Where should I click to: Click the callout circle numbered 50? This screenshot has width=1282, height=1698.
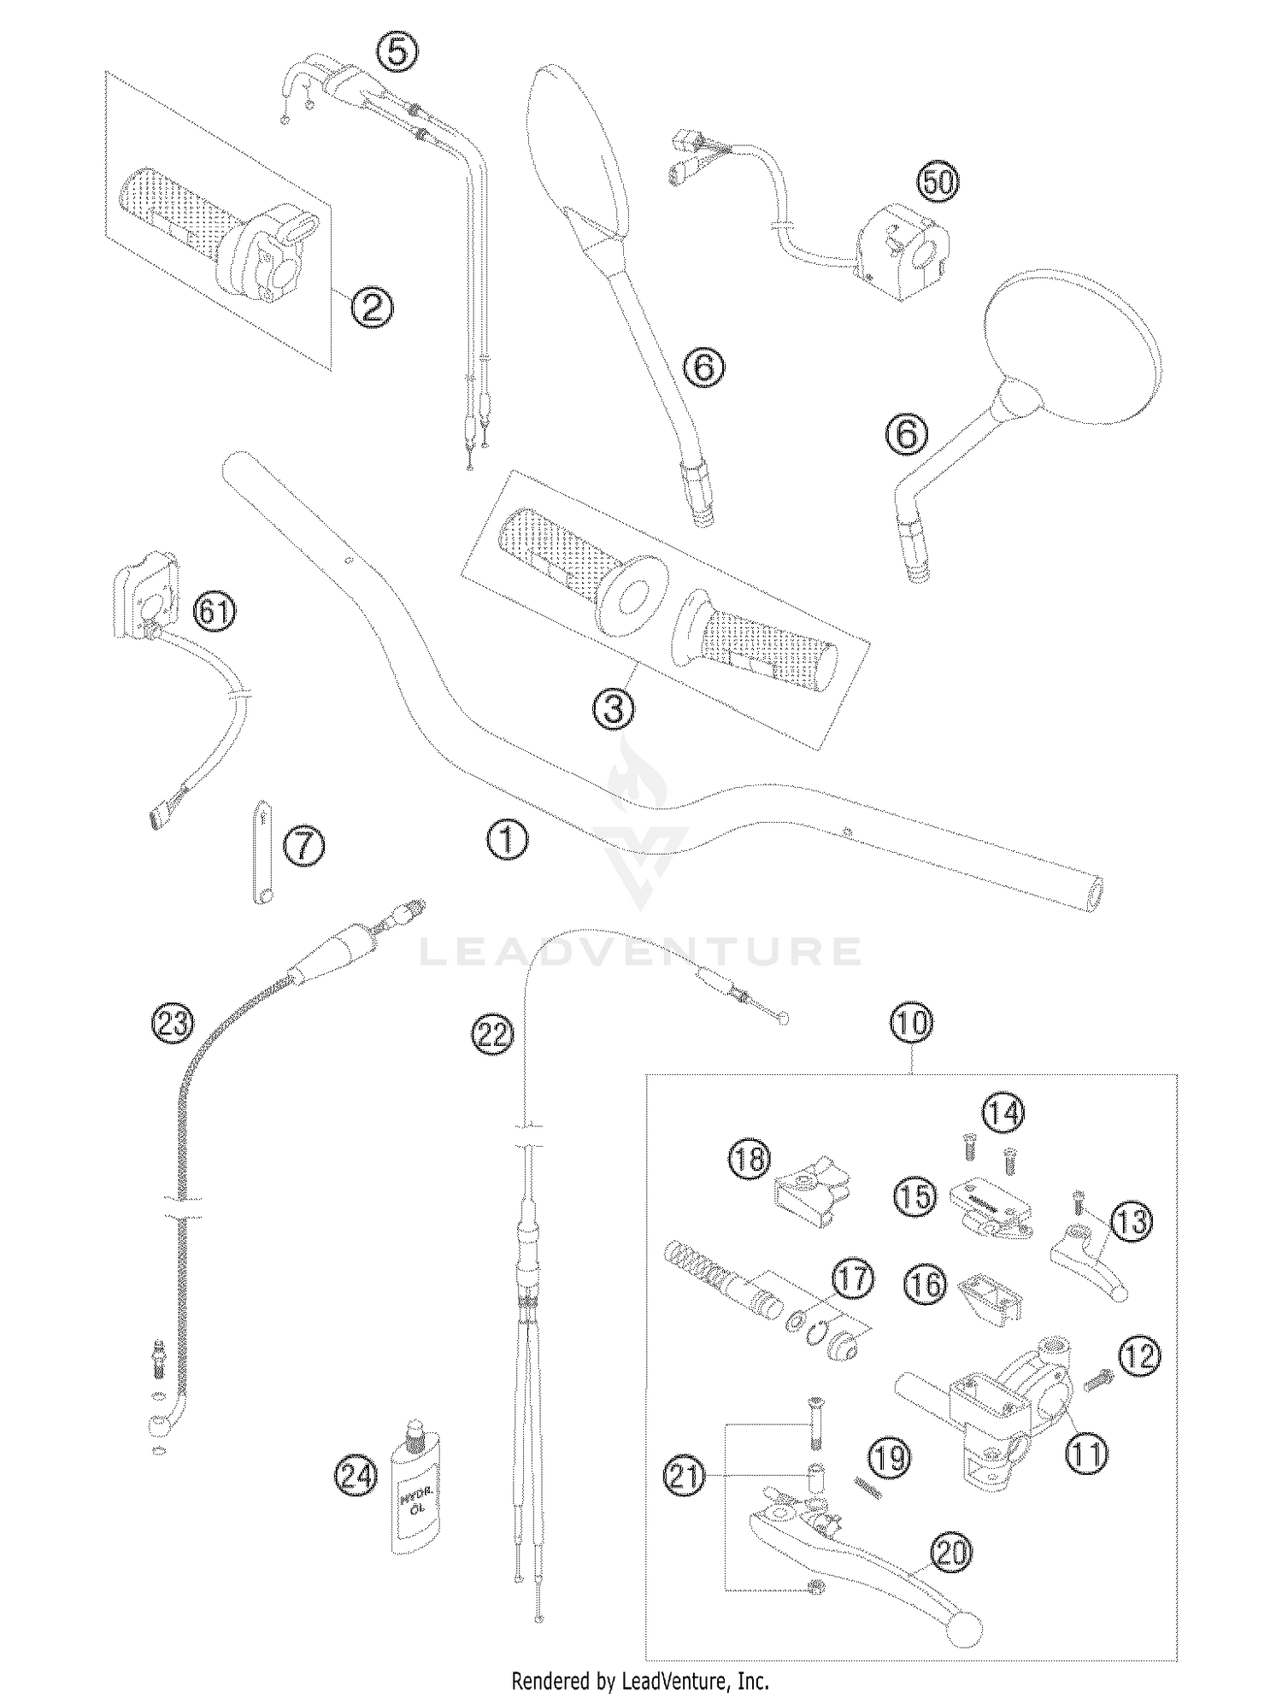tap(938, 183)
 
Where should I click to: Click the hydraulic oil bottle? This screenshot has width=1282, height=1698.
tap(415, 1497)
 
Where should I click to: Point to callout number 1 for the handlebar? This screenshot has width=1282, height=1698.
tap(508, 839)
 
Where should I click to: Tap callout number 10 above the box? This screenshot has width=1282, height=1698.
tap(912, 1022)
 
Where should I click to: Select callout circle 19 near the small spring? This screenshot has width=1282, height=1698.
tap(889, 1458)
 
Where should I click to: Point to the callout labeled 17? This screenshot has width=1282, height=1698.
tap(853, 1280)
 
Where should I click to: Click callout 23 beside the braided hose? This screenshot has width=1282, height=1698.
tap(173, 1022)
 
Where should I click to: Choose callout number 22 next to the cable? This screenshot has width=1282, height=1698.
tap(492, 1034)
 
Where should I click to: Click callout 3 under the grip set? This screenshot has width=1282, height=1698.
tap(615, 708)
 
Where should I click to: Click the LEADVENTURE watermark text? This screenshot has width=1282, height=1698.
tap(640, 951)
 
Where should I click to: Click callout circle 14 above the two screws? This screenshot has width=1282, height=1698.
tap(1003, 1113)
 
